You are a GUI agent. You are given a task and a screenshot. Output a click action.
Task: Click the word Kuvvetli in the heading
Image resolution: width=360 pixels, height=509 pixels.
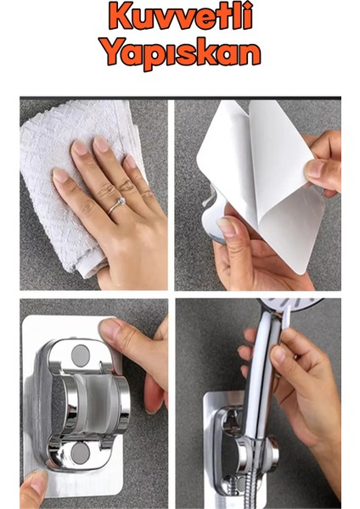(x=181, y=15)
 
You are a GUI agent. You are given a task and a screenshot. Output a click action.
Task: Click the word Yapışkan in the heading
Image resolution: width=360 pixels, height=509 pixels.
(x=181, y=53)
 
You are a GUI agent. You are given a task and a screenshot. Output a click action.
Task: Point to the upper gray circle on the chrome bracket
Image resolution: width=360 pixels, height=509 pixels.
(x=80, y=355)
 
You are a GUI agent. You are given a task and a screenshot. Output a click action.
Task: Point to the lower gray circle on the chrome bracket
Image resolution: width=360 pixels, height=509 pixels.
(x=80, y=452)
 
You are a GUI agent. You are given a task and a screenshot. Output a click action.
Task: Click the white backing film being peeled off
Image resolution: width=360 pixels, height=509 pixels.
(x=260, y=176)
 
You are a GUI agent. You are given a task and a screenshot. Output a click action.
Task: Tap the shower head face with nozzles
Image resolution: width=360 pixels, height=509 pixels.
(x=290, y=304)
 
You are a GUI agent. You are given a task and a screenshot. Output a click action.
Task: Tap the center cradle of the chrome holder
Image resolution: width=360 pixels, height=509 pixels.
(x=94, y=404)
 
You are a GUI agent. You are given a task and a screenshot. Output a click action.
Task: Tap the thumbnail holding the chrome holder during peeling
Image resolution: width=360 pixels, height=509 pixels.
(x=226, y=227)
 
